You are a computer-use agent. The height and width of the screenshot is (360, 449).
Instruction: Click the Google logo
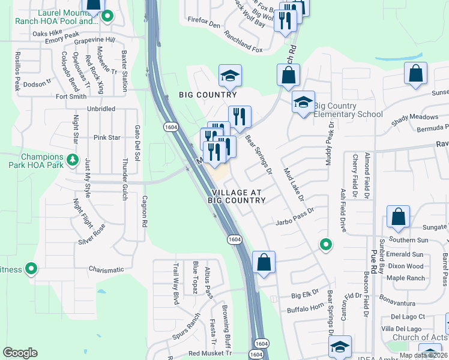click(x=20, y=353)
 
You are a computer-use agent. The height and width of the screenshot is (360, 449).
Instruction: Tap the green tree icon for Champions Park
click(x=72, y=160)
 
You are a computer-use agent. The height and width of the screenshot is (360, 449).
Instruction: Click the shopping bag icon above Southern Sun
click(x=399, y=218)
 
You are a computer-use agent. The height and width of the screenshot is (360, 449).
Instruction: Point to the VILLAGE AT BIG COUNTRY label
click(x=237, y=196)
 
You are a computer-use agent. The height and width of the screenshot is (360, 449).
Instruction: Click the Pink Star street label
click(x=107, y=137)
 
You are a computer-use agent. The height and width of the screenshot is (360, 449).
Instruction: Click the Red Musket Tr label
click(x=209, y=353)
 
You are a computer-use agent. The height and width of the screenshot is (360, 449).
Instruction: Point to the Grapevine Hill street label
click(x=94, y=40)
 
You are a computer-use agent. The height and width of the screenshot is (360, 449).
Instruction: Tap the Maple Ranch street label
click(x=406, y=278)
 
